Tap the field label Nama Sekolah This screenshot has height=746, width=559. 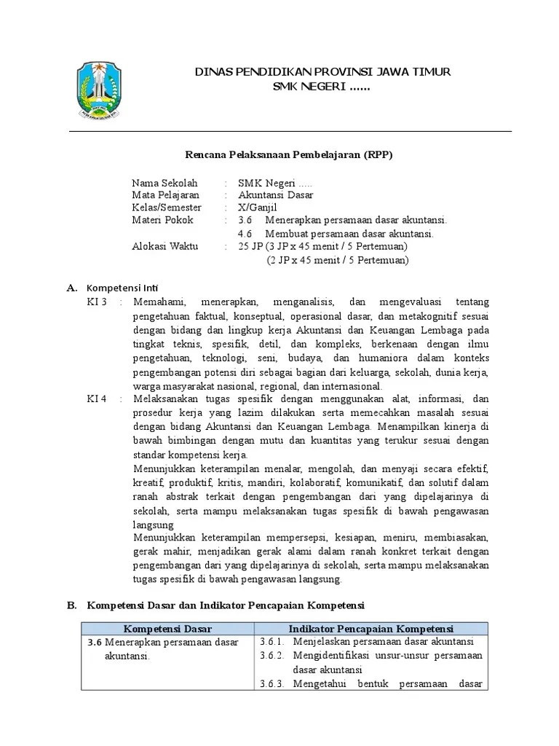point(164,182)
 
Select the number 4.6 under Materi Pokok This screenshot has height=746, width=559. point(245,234)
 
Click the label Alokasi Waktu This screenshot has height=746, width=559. point(165,247)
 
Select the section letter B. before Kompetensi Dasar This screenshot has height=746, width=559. point(71,605)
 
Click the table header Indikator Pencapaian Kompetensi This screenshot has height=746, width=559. point(370,628)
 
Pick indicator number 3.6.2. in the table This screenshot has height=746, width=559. point(273,655)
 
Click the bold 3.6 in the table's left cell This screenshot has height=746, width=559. point(93,642)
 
